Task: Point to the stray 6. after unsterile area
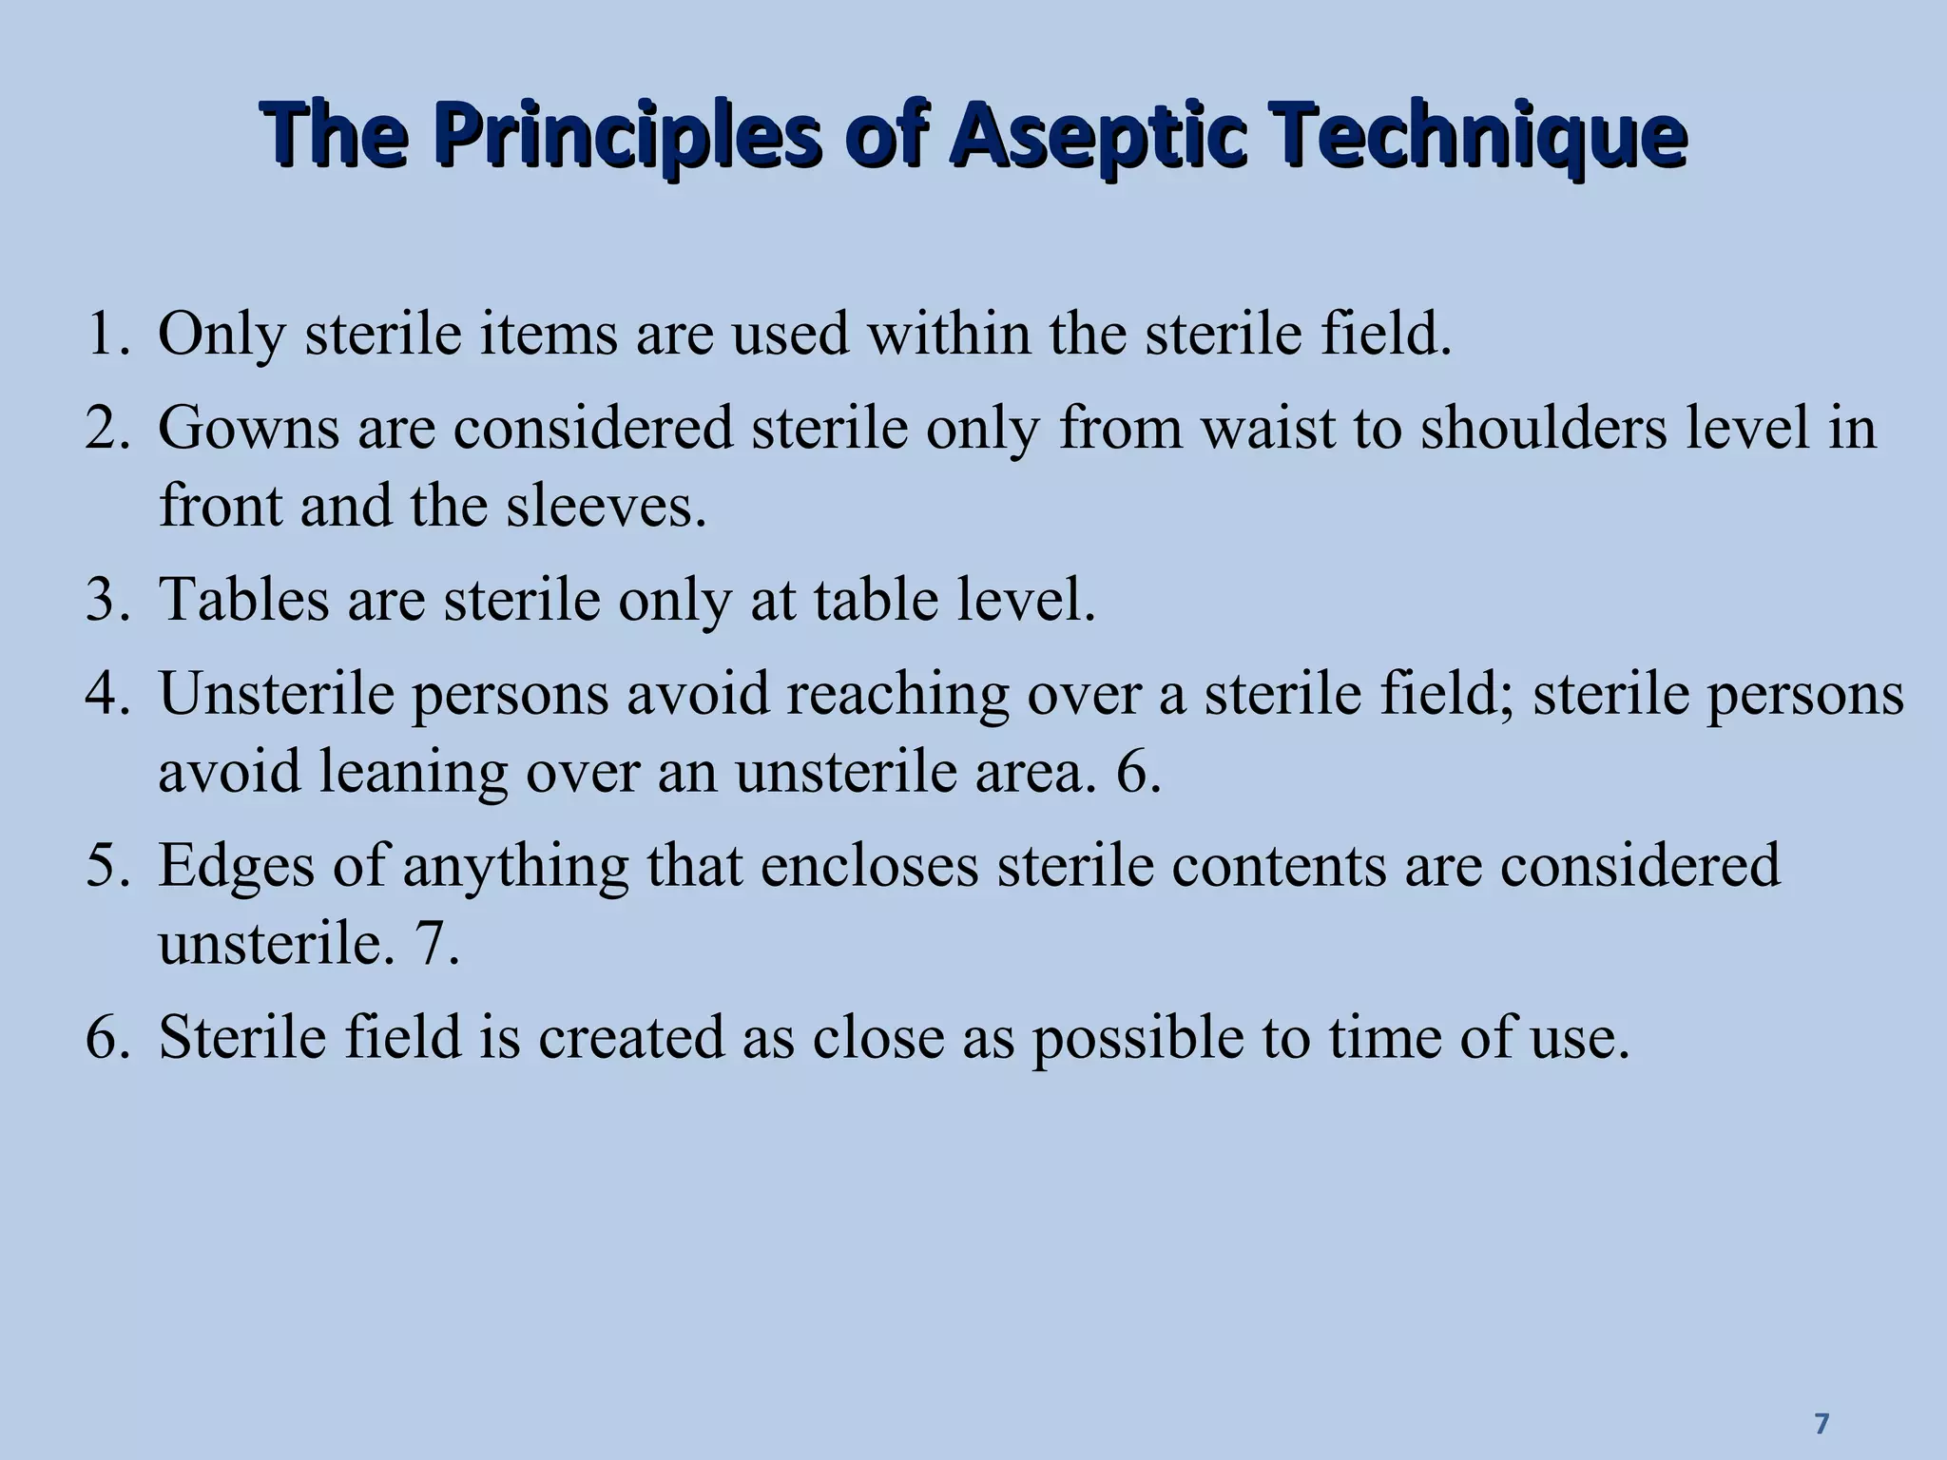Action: [x=1138, y=771]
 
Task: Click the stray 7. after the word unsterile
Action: [x=436, y=944]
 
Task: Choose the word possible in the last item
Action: [x=1137, y=1039]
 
